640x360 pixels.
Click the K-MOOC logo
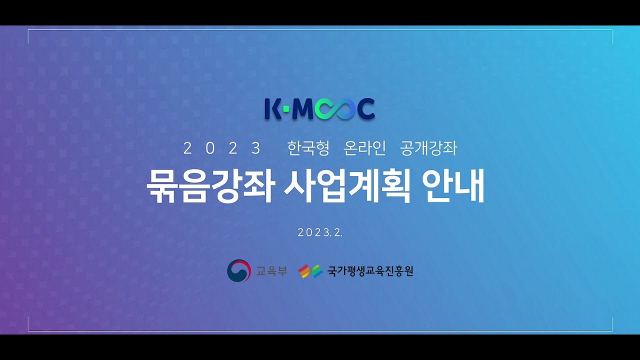point(319,109)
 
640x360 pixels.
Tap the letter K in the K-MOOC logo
point(272,109)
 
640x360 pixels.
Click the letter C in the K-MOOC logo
point(365,110)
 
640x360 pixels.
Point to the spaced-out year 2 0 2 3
point(222,148)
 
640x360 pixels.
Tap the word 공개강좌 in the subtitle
point(428,148)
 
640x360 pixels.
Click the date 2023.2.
point(320,232)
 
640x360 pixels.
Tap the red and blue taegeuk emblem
point(238,271)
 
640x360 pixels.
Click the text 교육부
point(271,271)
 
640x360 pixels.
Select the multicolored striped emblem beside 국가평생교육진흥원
point(310,271)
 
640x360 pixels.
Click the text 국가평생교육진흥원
point(370,271)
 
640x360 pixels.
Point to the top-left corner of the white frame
point(28,30)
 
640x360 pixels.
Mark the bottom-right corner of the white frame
point(612,331)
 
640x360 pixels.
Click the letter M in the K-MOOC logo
point(302,110)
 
